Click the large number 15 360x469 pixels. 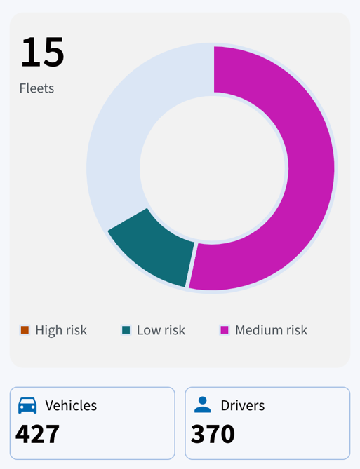[x=42, y=52]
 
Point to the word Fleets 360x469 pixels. [x=36, y=88]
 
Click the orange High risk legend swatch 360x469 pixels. [x=25, y=330]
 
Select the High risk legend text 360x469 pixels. [x=61, y=330]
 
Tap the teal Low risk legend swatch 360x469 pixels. [x=126, y=330]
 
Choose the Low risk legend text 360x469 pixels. [x=161, y=330]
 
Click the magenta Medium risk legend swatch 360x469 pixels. [x=225, y=330]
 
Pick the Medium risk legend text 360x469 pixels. [x=272, y=330]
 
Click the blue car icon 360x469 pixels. [x=27, y=406]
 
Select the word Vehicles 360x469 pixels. [x=71, y=406]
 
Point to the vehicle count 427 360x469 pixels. [x=37, y=434]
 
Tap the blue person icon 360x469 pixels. [x=203, y=405]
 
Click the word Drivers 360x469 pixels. [x=243, y=406]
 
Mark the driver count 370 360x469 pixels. [x=213, y=434]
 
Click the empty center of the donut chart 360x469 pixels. [x=214, y=168]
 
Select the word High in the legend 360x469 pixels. [x=48, y=330]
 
